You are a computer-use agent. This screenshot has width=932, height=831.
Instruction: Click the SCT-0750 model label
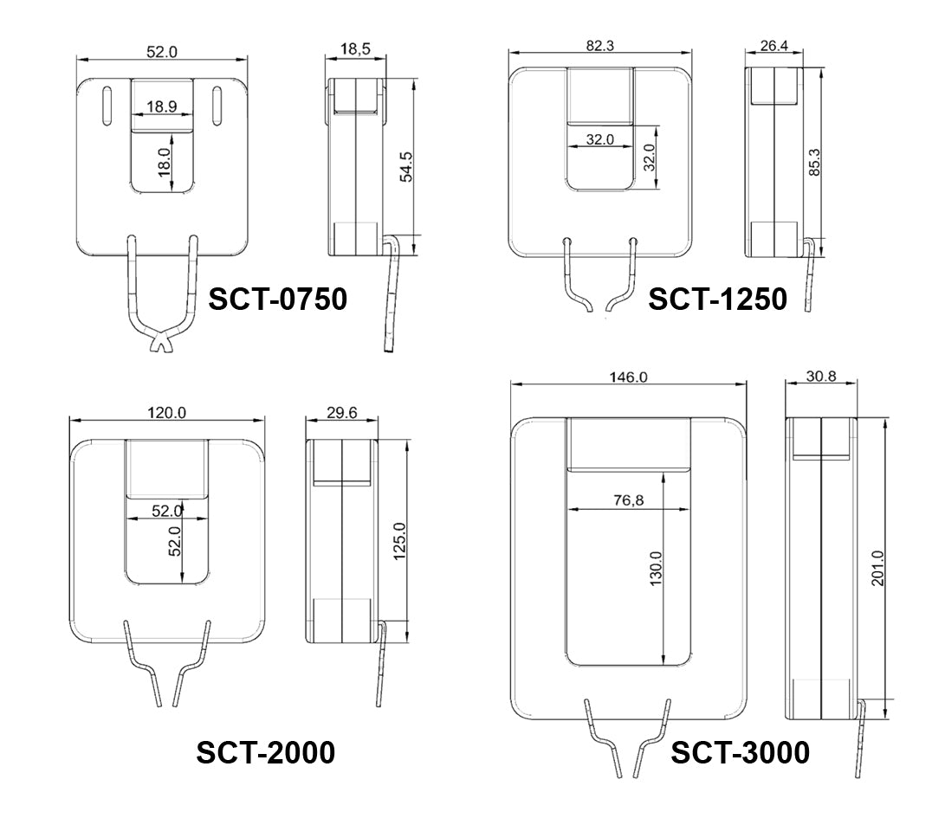277,299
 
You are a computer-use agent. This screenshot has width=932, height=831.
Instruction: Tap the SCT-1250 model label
717,299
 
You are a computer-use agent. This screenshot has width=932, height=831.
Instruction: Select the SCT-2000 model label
266,752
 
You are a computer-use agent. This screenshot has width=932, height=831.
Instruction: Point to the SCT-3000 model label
740,752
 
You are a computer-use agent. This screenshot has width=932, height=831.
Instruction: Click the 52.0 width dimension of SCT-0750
162,52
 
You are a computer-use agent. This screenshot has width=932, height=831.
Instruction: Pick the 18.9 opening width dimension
162,106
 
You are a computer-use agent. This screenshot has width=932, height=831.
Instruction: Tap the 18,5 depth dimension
355,48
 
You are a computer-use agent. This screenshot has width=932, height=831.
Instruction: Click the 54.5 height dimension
406,167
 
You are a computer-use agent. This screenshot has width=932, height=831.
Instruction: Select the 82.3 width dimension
599,46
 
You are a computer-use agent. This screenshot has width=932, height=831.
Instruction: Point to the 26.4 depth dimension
773,46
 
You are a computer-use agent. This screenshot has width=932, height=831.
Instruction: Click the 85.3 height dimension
814,162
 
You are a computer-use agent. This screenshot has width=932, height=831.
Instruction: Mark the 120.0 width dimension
166,412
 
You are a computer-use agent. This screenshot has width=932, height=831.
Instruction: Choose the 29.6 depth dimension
342,412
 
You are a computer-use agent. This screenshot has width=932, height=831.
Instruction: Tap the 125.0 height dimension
399,542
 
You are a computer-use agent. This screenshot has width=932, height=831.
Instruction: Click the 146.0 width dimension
628,377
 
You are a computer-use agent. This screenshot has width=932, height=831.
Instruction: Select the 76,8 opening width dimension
628,500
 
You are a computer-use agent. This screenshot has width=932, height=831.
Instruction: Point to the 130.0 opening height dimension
655,569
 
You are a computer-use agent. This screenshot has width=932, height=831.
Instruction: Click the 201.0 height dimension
878,569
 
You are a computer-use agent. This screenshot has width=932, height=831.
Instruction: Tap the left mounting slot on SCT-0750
107,106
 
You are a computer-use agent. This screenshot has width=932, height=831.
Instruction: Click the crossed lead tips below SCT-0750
160,343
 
